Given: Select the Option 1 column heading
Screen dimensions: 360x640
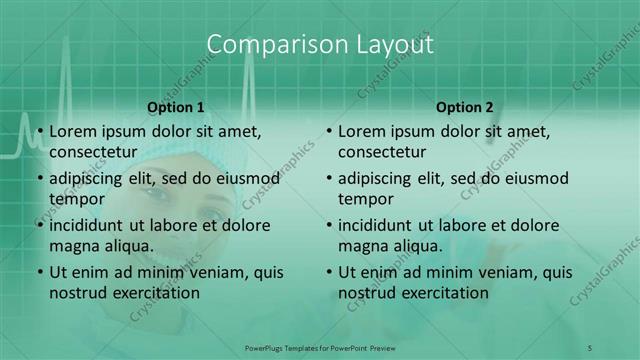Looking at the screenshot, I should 176,107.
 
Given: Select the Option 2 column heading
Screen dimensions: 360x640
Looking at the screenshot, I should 464,107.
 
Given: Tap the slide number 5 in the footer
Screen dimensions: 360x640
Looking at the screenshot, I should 589,347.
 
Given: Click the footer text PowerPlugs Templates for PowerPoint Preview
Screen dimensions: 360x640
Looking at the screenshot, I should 319,347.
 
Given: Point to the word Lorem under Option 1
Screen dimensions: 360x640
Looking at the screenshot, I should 72,131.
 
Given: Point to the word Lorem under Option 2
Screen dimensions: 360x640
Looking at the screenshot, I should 361,131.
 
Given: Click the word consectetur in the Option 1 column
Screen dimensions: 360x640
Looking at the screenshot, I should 92,152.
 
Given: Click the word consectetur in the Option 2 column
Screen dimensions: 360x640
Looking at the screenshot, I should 381,152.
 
